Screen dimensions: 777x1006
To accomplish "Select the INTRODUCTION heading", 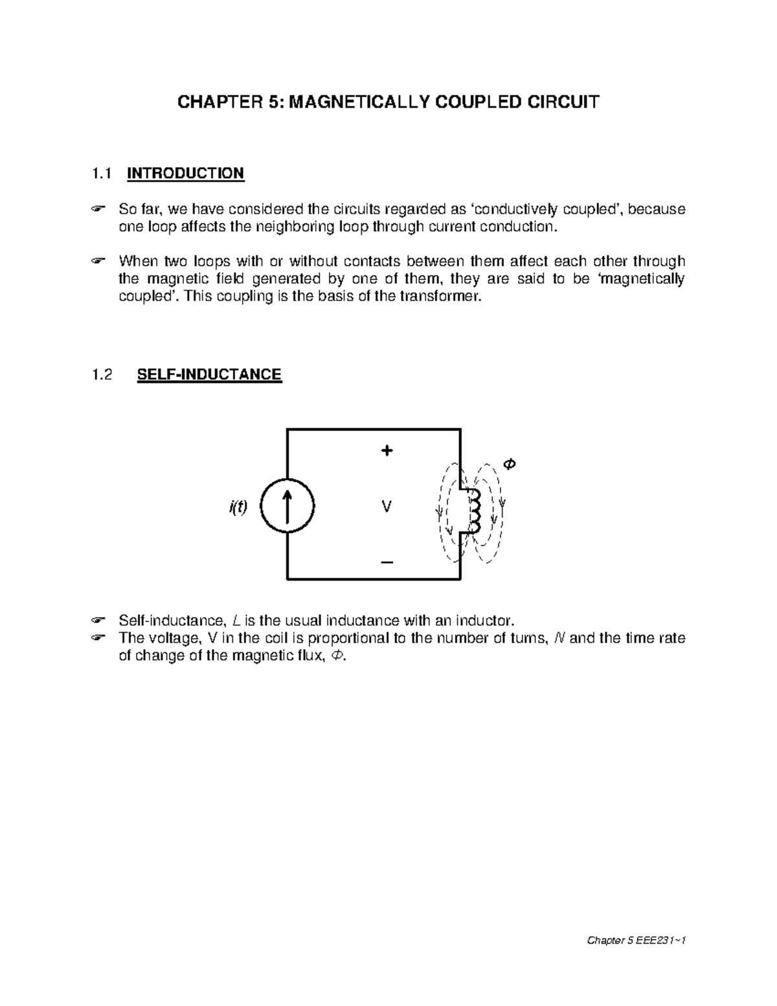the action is tap(185, 174).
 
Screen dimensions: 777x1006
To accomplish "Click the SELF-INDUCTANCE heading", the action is tap(209, 374).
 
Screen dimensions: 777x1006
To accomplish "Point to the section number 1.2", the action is tap(102, 374).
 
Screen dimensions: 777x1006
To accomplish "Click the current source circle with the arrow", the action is tap(287, 507).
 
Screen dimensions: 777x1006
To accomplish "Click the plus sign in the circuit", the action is tap(387, 451).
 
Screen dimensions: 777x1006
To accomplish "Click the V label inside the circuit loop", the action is tap(387, 507).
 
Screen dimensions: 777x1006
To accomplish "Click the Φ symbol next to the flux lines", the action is tap(509, 464).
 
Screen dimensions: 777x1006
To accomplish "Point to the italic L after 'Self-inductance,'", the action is tap(236, 619).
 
